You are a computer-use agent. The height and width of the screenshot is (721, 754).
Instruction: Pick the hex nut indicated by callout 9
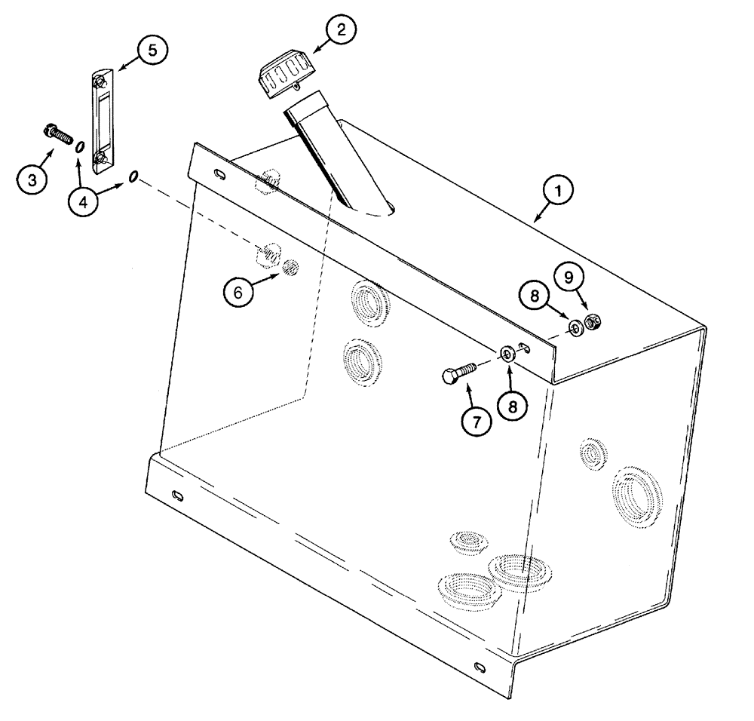click(x=593, y=323)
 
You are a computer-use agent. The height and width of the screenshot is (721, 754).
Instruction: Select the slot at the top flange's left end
click(x=219, y=176)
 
